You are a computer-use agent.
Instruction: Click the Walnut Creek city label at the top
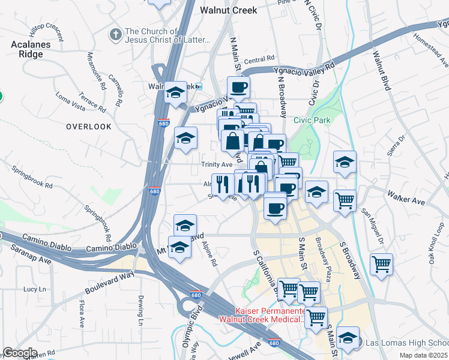(228, 10)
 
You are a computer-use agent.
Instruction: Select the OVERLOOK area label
(89, 127)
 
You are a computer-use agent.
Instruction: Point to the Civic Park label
(312, 120)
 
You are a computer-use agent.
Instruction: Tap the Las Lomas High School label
(406, 343)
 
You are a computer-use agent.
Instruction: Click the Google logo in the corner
(20, 353)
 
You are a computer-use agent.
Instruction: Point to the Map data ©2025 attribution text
(424, 355)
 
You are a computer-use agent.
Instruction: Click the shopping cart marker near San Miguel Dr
(381, 263)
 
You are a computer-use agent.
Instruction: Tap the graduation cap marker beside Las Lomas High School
(348, 337)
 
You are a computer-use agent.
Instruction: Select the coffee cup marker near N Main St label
(238, 87)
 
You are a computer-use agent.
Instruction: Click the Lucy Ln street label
(30, 289)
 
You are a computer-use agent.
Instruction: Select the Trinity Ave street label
(216, 164)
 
